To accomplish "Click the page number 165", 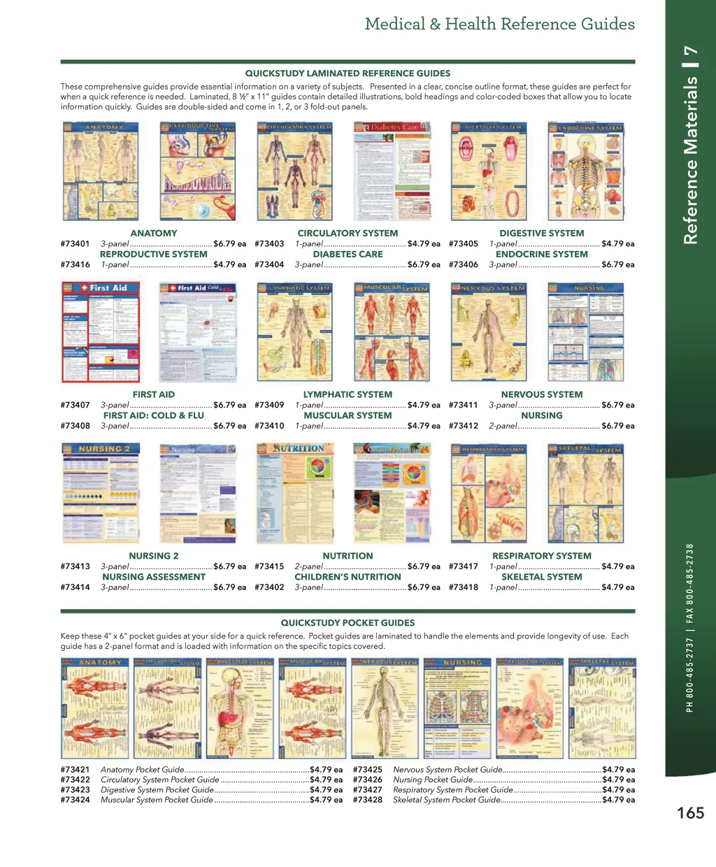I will [690, 812].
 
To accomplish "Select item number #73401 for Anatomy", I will [76, 244].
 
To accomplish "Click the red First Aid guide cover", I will [100, 332].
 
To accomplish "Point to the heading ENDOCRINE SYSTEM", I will [541, 255].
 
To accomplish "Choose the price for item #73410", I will [424, 426].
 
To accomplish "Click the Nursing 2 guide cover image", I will [100, 493].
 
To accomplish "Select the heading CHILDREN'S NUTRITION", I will [348, 577].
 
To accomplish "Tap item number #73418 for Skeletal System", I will [464, 587].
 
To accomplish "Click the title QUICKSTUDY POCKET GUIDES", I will [348, 622].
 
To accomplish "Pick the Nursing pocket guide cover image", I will [458, 708].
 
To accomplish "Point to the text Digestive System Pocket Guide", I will [157, 789].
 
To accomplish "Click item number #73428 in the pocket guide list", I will [368, 799].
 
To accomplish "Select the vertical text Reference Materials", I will [690, 161].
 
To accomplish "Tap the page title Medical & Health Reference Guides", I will [499, 24].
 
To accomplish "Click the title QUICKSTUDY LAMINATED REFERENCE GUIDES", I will [348, 73].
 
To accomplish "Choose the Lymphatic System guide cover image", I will [294, 332].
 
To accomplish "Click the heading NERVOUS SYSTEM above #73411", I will [541, 394].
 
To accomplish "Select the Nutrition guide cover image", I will [294, 493].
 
